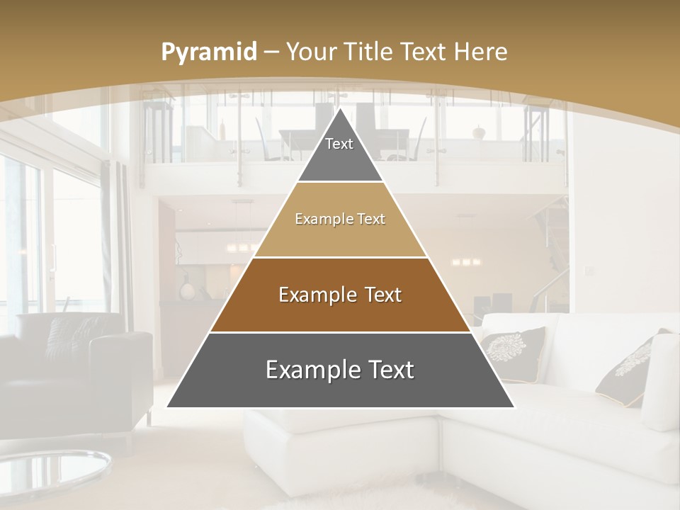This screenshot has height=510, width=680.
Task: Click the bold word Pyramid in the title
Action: [208, 52]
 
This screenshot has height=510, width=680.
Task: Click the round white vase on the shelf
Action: [188, 290]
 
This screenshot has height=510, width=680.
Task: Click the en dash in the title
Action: [271, 52]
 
